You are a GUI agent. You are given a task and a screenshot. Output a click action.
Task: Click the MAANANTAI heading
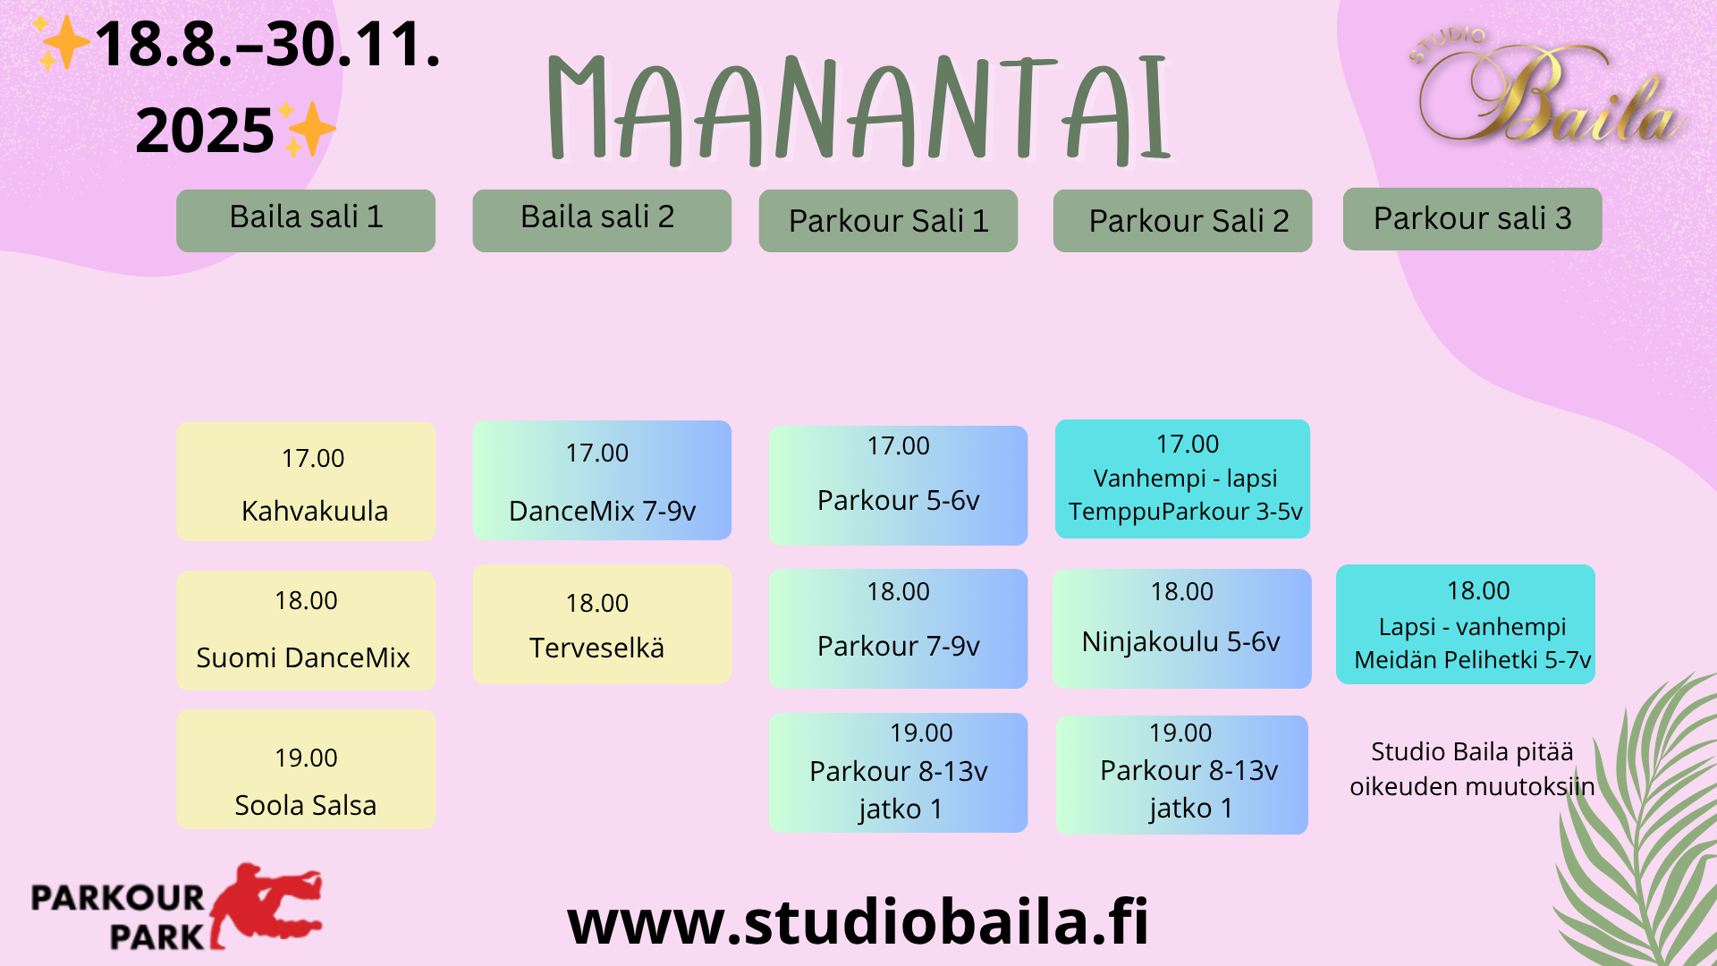[x=858, y=109]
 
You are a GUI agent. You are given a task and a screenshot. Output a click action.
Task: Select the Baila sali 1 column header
[x=306, y=220]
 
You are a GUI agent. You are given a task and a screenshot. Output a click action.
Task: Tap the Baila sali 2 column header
[x=602, y=220]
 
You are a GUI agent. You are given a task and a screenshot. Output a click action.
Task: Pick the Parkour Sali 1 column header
[x=888, y=221]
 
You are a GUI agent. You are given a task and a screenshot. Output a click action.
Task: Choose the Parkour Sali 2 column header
[x=1182, y=221]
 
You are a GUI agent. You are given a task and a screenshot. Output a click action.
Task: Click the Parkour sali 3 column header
[x=1472, y=219]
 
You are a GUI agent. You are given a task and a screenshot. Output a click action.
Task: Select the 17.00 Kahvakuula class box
[x=306, y=481]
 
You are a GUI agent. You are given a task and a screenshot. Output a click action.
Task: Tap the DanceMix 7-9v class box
[x=602, y=480]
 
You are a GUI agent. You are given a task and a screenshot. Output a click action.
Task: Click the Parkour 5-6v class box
[x=898, y=485]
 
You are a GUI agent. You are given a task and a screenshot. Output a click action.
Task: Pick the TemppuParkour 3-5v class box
[x=1182, y=479]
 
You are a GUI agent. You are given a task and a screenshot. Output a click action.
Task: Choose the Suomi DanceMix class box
[x=306, y=630]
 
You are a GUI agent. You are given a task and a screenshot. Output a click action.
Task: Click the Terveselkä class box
[x=602, y=624]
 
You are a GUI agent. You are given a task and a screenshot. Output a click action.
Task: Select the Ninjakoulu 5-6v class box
[x=1181, y=628]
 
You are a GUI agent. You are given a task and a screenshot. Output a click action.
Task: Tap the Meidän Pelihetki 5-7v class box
[x=1465, y=624]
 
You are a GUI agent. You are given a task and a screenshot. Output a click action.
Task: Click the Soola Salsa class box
[x=306, y=769]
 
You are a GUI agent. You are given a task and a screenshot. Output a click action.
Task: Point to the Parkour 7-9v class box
[x=898, y=628]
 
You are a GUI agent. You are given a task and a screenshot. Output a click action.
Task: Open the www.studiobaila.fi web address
[x=858, y=921]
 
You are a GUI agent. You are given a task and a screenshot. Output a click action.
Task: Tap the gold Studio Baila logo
[x=1548, y=89]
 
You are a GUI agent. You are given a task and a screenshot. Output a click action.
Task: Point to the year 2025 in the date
[x=205, y=131]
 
